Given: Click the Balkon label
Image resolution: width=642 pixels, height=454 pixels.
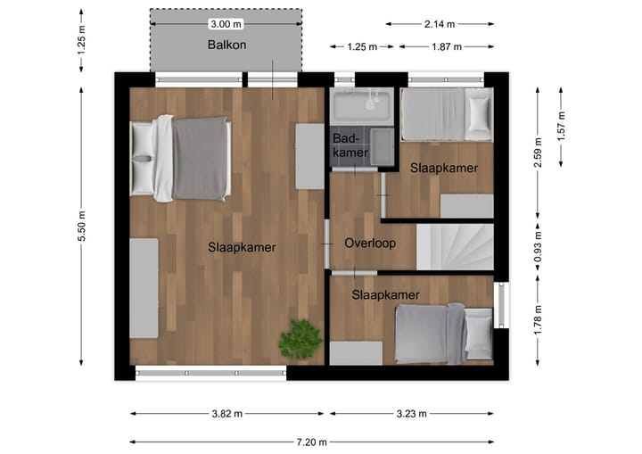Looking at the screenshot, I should pyautogui.click(x=226, y=45).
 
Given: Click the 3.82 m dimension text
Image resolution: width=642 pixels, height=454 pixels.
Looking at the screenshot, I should pyautogui.click(x=227, y=414).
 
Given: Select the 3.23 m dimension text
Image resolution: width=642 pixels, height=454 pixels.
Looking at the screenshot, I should pyautogui.click(x=411, y=414).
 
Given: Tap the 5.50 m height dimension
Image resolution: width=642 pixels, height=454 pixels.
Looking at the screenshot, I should pyautogui.click(x=82, y=227).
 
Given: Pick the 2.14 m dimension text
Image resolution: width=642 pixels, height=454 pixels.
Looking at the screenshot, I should pyautogui.click(x=440, y=24).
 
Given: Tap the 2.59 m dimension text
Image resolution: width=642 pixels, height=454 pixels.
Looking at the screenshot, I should pyautogui.click(x=537, y=153).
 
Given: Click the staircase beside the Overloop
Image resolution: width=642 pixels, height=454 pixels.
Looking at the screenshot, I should pyautogui.click(x=455, y=247).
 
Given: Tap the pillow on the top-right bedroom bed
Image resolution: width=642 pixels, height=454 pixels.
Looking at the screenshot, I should pyautogui.click(x=479, y=113).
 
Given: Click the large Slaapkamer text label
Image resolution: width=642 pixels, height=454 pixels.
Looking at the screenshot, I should pyautogui.click(x=242, y=247).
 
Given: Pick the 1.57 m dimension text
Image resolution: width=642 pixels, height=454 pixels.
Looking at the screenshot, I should pyautogui.click(x=561, y=125).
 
